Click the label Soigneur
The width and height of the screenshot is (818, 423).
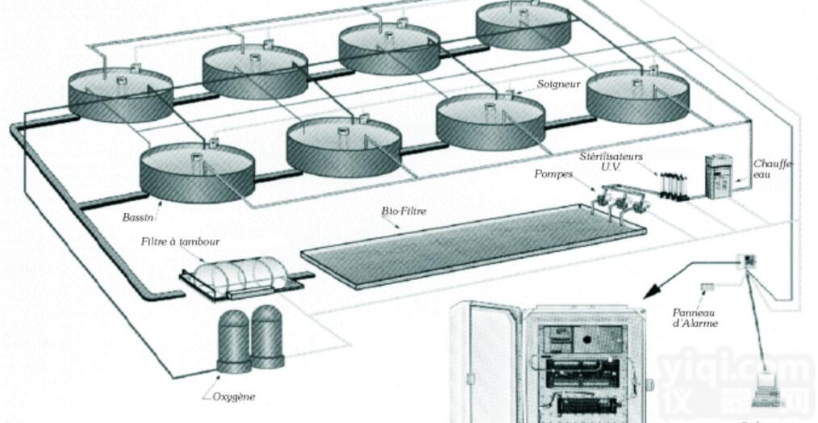click(x=558, y=83)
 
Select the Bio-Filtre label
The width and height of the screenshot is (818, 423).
click(x=403, y=211)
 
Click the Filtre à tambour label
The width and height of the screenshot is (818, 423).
click(x=180, y=241)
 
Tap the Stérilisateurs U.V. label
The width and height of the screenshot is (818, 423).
click(x=610, y=158)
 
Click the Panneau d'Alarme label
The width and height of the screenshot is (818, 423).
click(x=695, y=317)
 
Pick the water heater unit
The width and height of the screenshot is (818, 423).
click(x=718, y=175)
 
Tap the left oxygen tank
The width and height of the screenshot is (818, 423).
click(x=234, y=339)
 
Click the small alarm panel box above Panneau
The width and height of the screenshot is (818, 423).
click(x=707, y=287)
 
